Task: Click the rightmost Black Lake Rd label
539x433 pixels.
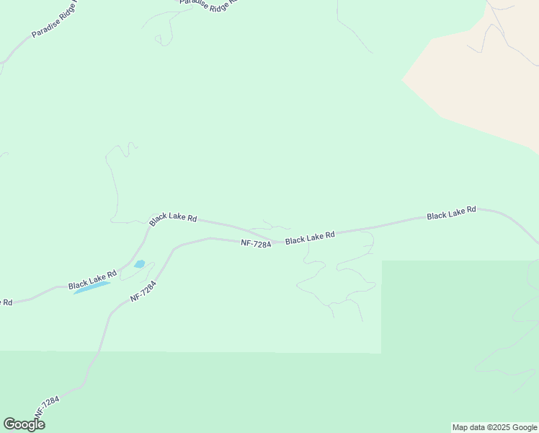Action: [x=451, y=212]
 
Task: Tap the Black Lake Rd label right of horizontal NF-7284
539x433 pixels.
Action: [x=310, y=237]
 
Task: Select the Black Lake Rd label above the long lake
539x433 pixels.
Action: [x=93, y=280]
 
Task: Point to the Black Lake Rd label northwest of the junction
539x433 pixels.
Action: [x=173, y=218]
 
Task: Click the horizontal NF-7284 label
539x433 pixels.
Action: [x=256, y=244]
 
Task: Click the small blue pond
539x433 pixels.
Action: [x=139, y=264]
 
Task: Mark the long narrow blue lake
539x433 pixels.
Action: [x=92, y=287]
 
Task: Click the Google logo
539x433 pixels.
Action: [x=24, y=424]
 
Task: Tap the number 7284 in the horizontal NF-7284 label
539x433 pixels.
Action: [x=262, y=244]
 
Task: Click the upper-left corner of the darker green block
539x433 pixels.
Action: [x=382, y=261]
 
